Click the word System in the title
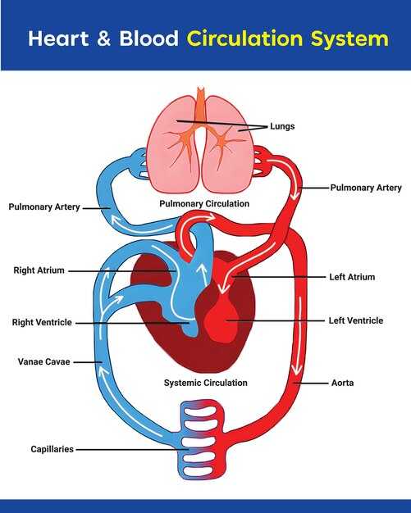click(x=349, y=39)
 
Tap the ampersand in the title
click(x=103, y=38)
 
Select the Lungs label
click(x=282, y=126)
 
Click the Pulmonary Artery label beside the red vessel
click(x=366, y=188)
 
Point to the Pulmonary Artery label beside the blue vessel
click(x=44, y=207)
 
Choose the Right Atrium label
click(x=39, y=270)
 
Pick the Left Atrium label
click(x=352, y=277)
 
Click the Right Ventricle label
click(x=42, y=322)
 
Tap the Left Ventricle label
click(x=356, y=320)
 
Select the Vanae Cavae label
click(x=43, y=361)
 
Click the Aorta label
click(x=342, y=383)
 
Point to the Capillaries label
click(x=52, y=449)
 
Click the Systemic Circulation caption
click(x=206, y=383)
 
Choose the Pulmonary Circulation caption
click(x=204, y=203)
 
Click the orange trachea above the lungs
click(x=201, y=104)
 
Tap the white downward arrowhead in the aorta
click(x=297, y=370)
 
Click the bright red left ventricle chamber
click(x=221, y=318)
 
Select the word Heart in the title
click(x=58, y=39)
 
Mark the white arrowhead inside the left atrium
click(x=224, y=288)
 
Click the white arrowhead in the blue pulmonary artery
click(x=116, y=219)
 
